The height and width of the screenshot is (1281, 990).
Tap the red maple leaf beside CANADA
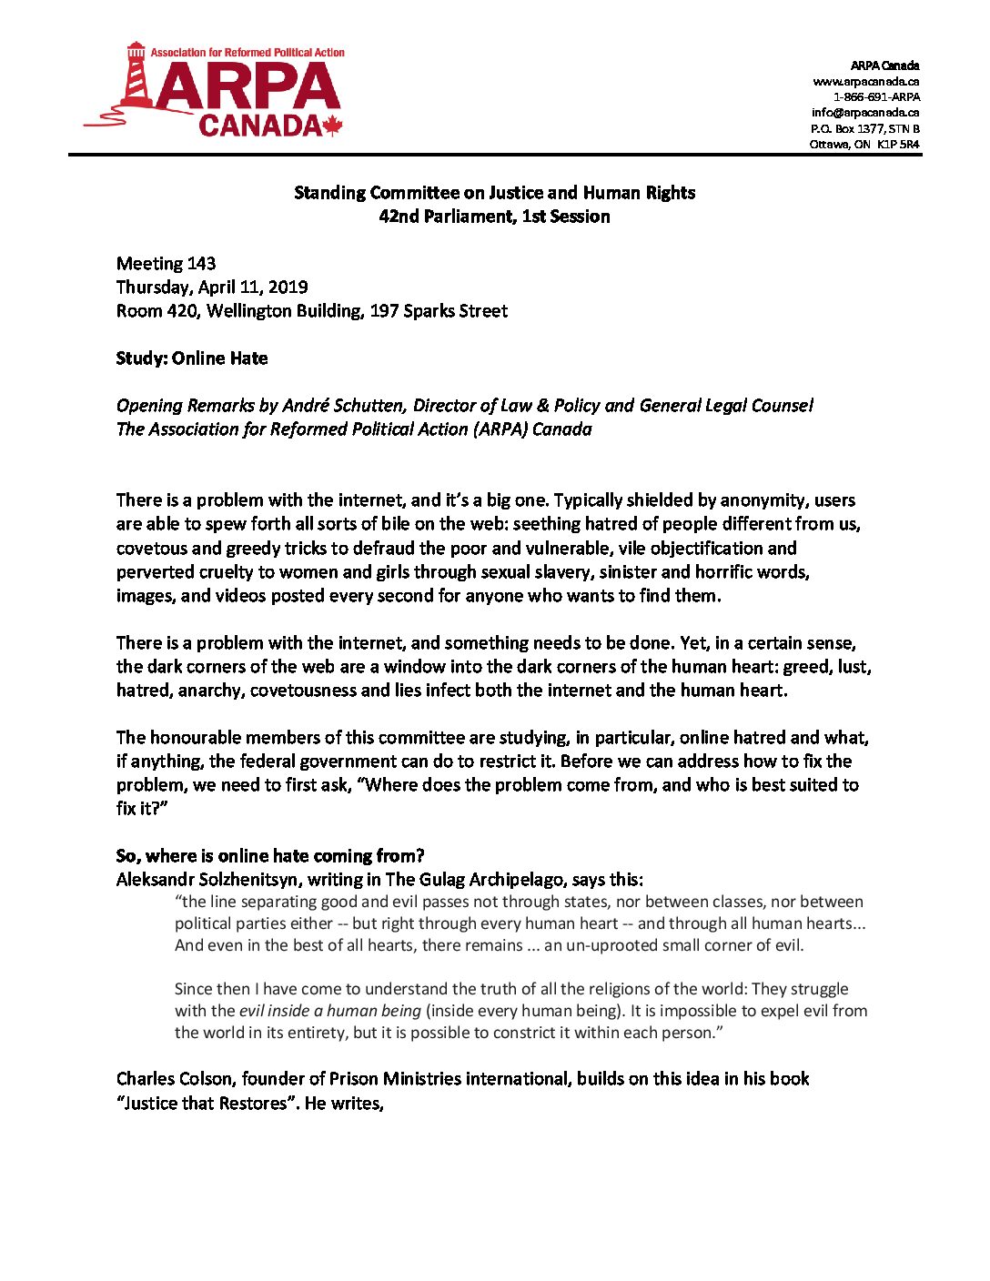(x=332, y=126)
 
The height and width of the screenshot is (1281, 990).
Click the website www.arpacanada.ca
(x=865, y=81)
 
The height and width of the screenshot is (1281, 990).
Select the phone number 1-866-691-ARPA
(x=876, y=96)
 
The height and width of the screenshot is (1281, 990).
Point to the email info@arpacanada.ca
(x=865, y=113)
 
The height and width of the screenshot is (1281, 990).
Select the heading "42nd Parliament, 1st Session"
(x=494, y=217)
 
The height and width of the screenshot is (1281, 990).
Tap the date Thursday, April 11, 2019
(x=212, y=287)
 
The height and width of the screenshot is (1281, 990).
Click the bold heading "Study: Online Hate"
(x=192, y=358)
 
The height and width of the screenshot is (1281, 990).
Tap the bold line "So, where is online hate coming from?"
(x=270, y=856)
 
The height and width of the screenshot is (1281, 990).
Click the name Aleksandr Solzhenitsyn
(x=207, y=880)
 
